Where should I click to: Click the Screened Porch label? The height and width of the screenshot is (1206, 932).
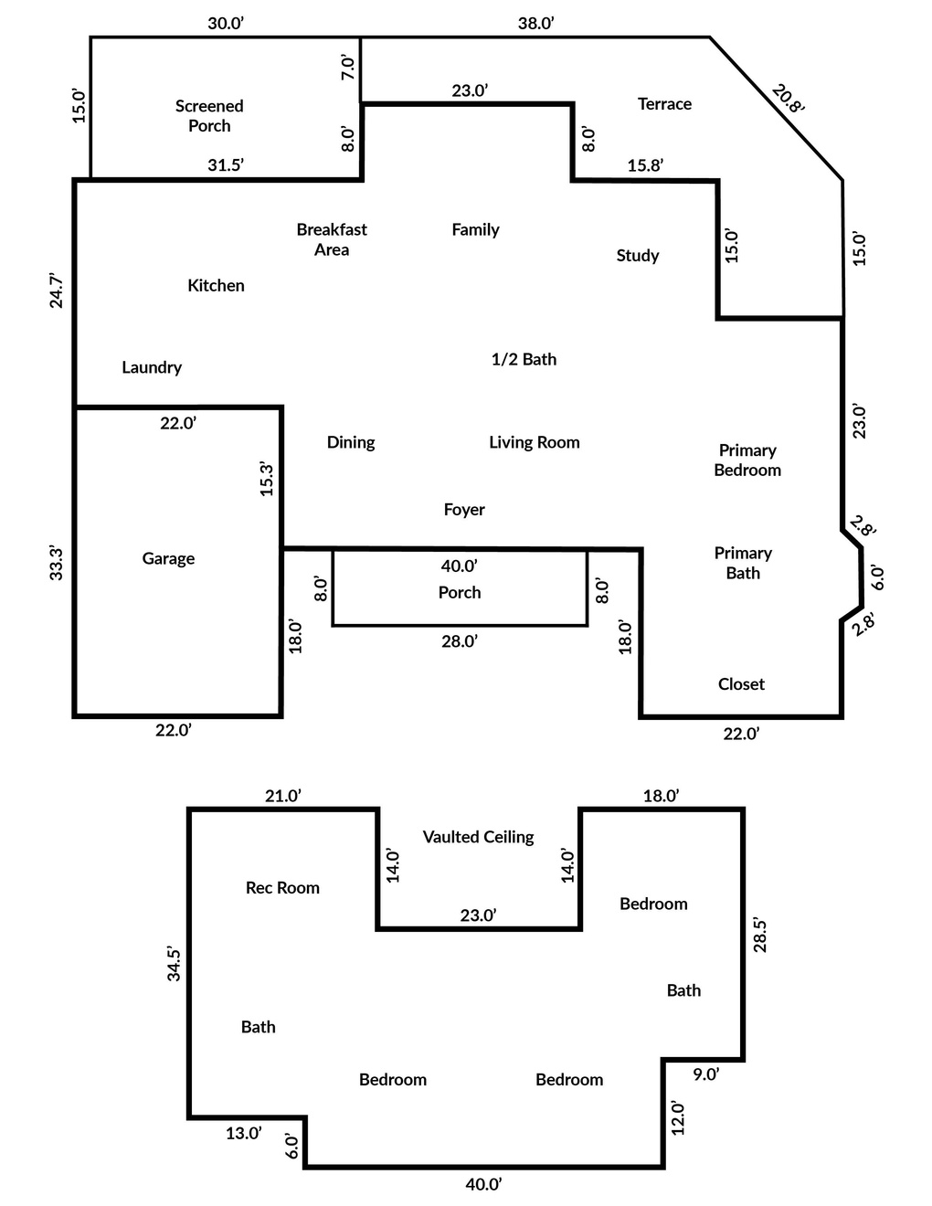coord(209,115)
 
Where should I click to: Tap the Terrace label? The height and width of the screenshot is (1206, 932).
coord(664,104)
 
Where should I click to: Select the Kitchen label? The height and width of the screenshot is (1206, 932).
coord(216,285)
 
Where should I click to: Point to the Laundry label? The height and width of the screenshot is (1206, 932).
coord(152,367)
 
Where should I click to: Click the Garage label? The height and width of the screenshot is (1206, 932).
coord(168,558)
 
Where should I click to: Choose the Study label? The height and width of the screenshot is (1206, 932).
coord(638,256)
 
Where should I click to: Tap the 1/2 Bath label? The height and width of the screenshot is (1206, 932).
coord(524,359)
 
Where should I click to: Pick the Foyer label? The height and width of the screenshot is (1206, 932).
coord(464,510)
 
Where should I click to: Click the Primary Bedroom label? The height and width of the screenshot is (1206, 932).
coord(747,460)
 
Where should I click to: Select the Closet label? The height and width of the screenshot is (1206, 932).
coord(741,683)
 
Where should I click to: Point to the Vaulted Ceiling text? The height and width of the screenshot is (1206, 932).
coord(478,837)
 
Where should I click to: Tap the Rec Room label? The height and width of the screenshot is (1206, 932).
coord(282,887)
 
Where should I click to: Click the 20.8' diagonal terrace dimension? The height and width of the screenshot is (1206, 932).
coord(788,99)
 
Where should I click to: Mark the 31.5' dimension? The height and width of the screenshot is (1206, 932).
coord(226,164)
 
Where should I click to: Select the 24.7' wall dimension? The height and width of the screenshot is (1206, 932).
coord(56,291)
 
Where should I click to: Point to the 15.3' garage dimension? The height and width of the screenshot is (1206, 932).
coord(267,479)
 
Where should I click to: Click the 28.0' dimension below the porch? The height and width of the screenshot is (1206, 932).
coord(459,641)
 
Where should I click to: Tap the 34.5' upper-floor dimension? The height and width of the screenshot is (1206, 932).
coord(174,965)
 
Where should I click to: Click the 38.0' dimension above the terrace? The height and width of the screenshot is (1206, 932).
coord(535,24)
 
